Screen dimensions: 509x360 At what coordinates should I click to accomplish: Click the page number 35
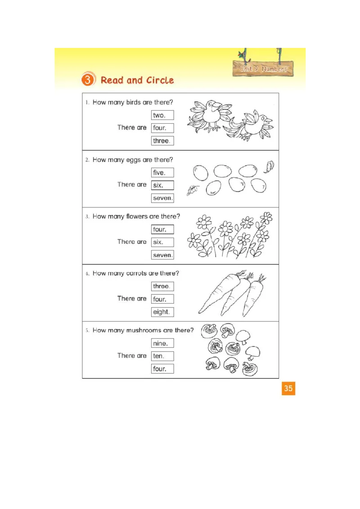[288, 388]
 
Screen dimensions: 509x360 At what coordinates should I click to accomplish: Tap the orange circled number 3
[88, 80]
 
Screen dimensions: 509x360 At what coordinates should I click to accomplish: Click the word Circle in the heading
[159, 80]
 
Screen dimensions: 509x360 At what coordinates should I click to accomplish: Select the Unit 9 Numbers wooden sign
[263, 69]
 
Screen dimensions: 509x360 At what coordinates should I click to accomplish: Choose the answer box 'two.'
[162, 115]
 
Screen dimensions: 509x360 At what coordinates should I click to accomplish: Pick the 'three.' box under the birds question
[162, 141]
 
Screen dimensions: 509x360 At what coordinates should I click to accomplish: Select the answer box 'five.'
[162, 172]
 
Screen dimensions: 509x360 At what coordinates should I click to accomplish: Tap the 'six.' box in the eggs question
[162, 185]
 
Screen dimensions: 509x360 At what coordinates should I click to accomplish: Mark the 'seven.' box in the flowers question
[162, 255]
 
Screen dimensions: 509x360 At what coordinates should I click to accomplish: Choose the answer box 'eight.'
[162, 312]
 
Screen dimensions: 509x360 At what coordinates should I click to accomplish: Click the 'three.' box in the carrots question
[162, 286]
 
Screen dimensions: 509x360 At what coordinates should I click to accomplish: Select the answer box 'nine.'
[162, 343]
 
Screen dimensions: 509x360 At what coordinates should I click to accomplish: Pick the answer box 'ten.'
[162, 356]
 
